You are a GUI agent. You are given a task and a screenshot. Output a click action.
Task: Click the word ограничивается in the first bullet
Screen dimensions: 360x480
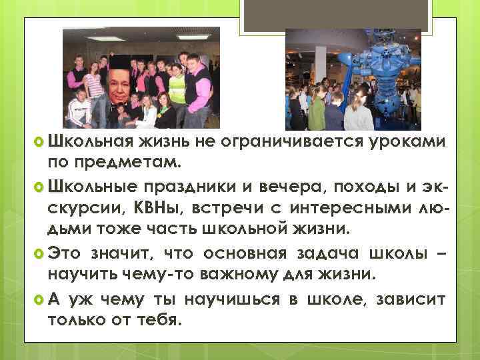pyautogui.click(x=317, y=141)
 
